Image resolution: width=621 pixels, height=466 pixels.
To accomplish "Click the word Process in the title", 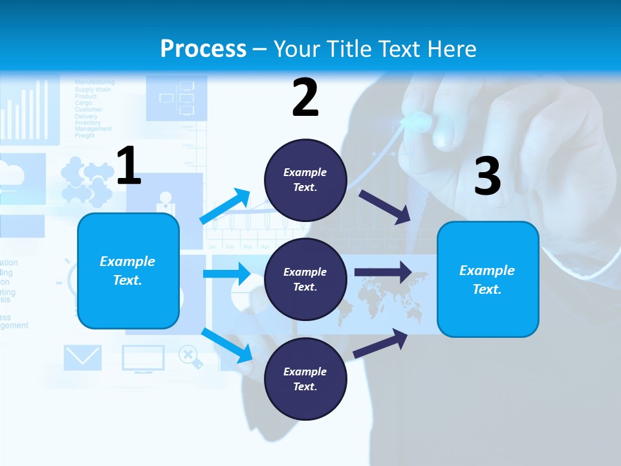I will [203, 49].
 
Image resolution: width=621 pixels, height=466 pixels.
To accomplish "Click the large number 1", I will [129, 166].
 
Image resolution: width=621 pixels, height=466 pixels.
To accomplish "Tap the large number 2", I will [305, 98].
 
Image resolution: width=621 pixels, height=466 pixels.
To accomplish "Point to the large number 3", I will [487, 177].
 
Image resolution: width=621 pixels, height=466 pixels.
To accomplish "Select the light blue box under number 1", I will [128, 271].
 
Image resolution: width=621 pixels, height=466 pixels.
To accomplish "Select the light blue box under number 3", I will [488, 279].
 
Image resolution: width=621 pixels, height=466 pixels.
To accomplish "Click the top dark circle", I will [305, 180].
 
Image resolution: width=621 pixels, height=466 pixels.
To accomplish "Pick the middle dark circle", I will [305, 279].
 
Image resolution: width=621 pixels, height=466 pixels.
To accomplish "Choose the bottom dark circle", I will [305, 379].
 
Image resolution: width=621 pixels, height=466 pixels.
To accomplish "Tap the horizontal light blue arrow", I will [226, 274].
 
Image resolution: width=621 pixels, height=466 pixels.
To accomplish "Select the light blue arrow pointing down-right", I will [227, 346].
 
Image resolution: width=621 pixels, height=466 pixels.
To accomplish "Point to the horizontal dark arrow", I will [382, 272].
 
